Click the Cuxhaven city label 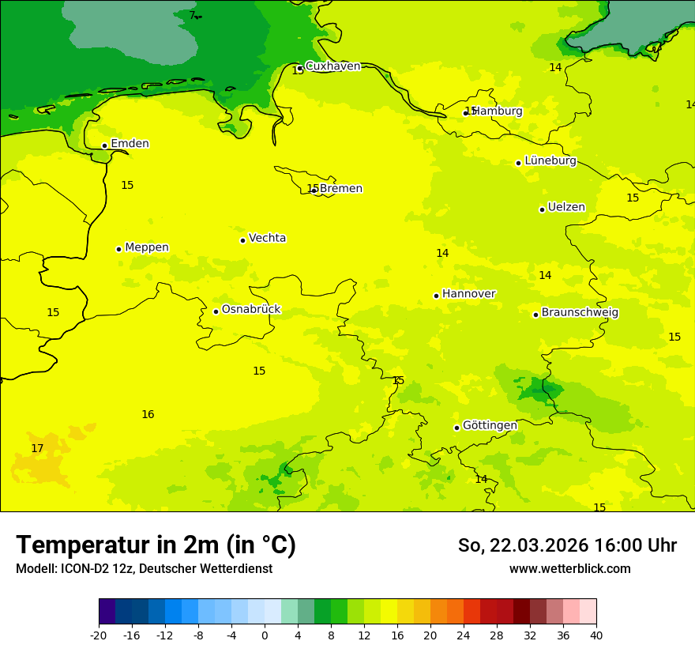point(332,66)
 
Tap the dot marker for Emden point(104,145)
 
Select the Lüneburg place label point(550,160)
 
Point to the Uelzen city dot point(542,209)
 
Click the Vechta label point(267,238)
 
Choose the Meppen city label point(147,247)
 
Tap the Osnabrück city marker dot point(216,311)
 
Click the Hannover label point(468,294)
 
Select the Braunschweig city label point(580,313)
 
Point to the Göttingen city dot point(456,428)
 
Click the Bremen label point(340,189)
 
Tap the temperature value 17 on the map point(37,449)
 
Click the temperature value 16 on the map point(148,415)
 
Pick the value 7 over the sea point(192,16)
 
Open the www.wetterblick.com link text point(569,569)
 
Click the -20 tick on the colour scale point(99,635)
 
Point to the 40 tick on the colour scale point(596,635)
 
